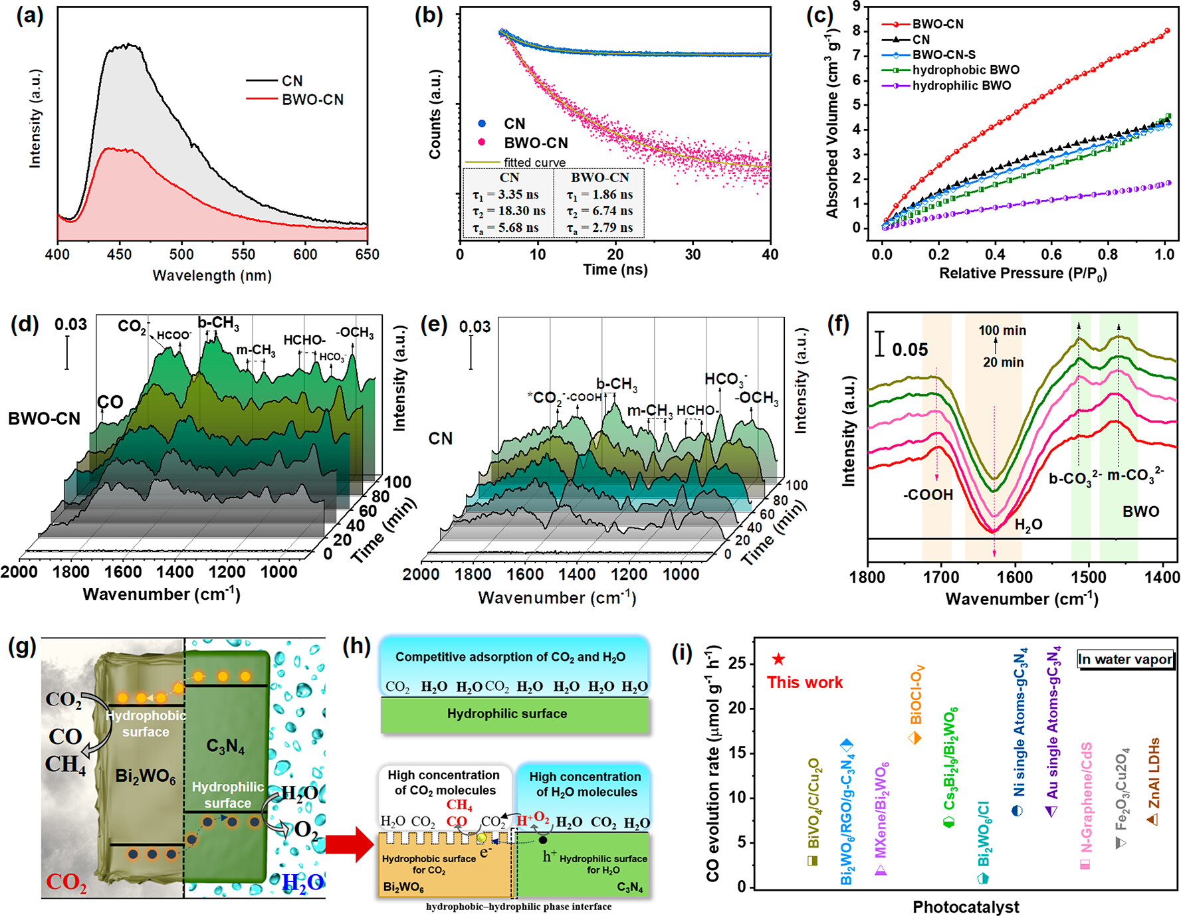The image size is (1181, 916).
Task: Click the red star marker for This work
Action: [x=778, y=660]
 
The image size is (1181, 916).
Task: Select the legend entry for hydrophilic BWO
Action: [x=961, y=86]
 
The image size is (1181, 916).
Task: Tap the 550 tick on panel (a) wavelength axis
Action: [x=243, y=254]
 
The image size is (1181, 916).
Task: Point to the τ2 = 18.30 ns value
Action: [x=509, y=211]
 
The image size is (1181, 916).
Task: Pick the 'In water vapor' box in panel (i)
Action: [x=1125, y=660]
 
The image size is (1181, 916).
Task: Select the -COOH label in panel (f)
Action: [x=928, y=495]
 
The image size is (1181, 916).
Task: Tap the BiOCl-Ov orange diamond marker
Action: [x=915, y=738]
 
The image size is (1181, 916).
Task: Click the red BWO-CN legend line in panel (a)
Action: [x=261, y=100]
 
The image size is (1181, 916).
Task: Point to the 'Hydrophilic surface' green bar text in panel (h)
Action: [x=507, y=714]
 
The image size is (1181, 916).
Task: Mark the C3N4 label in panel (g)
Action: [x=225, y=747]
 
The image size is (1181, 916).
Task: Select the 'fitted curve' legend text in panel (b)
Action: [x=534, y=163]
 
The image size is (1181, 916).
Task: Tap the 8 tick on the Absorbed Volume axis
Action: [x=856, y=31]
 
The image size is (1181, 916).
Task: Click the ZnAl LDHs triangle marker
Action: [x=1153, y=820]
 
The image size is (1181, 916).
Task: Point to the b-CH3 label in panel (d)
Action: [x=218, y=323]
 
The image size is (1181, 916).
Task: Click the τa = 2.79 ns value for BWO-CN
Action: [x=599, y=229]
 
